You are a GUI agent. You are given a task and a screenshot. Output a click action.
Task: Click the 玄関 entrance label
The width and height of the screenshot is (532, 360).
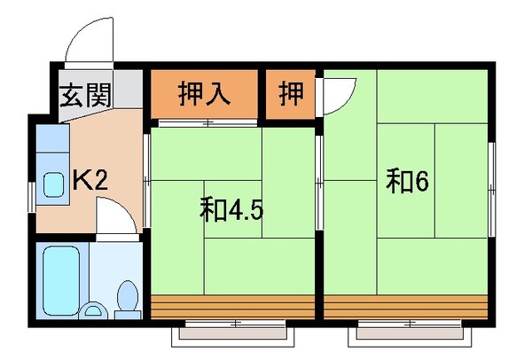coord(85,94)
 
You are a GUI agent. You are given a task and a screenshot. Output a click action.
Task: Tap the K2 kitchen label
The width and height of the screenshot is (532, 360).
coord(90,182)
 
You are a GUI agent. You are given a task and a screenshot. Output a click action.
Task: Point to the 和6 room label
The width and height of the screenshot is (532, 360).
coord(408,181)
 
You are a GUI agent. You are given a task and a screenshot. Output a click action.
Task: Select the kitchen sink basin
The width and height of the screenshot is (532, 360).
coord(52,184)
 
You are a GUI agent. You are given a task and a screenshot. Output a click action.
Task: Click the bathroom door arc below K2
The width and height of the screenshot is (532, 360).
coord(115,217)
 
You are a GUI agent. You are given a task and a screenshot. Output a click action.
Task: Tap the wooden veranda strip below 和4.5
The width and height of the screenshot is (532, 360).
coord(232,306)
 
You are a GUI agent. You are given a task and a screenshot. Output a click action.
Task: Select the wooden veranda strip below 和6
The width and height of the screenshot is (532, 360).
coord(406,306)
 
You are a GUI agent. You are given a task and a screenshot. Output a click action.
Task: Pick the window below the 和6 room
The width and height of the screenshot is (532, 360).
coord(407,335)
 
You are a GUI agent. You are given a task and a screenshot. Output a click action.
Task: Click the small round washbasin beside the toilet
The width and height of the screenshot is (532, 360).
coord(92,310)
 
